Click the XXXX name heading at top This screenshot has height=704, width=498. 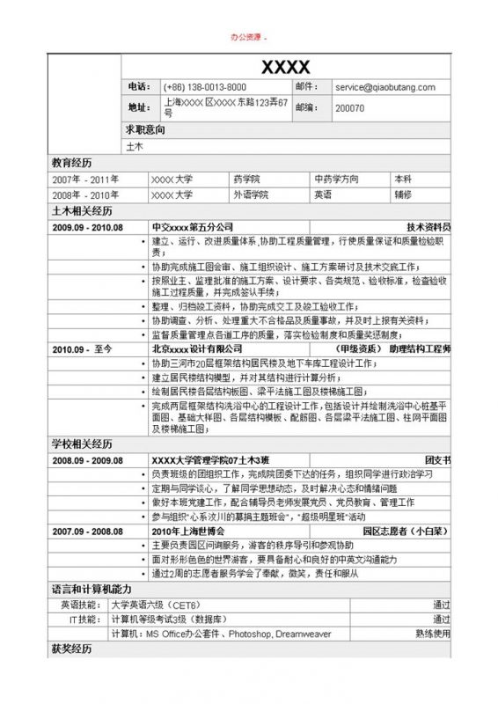click(285, 67)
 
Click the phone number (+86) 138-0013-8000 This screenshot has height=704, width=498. click(205, 87)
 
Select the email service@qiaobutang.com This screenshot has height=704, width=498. click(385, 87)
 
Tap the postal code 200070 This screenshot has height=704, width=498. click(350, 107)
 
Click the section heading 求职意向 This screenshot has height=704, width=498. click(144, 129)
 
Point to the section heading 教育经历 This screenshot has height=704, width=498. click(71, 163)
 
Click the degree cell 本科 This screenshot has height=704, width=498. click(403, 179)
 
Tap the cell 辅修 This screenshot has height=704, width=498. click(403, 195)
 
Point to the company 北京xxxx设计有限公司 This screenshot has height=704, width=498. click(196, 349)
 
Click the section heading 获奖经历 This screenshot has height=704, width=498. click(71, 649)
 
